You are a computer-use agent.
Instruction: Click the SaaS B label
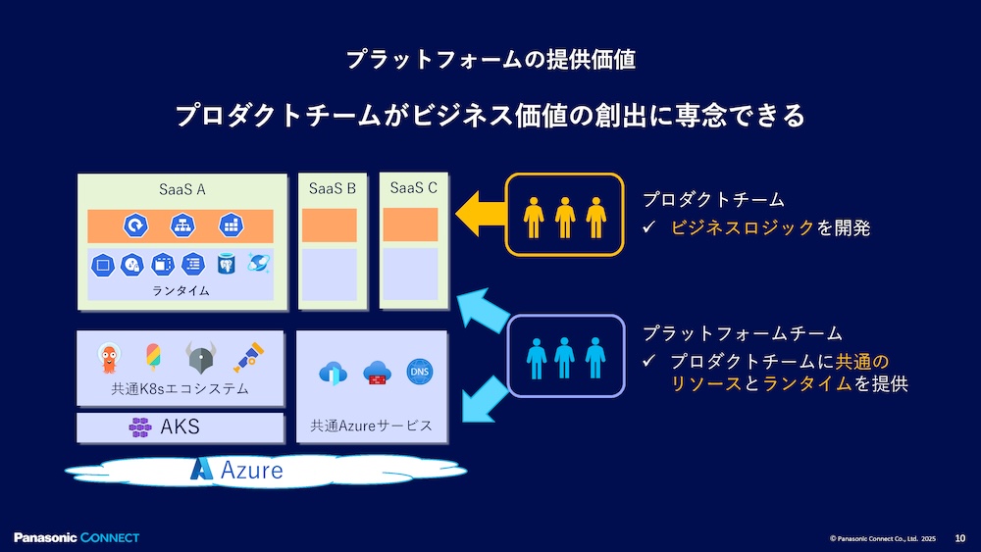coord(332,188)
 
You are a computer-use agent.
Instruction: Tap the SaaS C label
coord(413,187)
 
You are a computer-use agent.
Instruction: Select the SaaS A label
coord(181,189)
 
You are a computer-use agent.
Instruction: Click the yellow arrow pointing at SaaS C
coord(478,213)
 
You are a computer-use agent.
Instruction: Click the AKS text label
coord(180,427)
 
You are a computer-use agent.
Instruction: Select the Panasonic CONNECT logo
coord(77,537)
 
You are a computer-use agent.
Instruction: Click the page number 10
coord(959,537)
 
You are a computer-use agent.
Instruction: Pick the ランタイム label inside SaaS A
coord(181,291)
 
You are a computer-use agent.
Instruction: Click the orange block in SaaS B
coord(332,226)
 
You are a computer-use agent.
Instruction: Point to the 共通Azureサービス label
coord(371,426)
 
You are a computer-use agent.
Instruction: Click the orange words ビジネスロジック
coord(742,228)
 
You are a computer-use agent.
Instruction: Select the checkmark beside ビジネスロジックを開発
coord(648,228)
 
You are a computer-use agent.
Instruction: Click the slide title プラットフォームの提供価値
coord(490,60)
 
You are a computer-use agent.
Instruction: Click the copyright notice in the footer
coord(883,538)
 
